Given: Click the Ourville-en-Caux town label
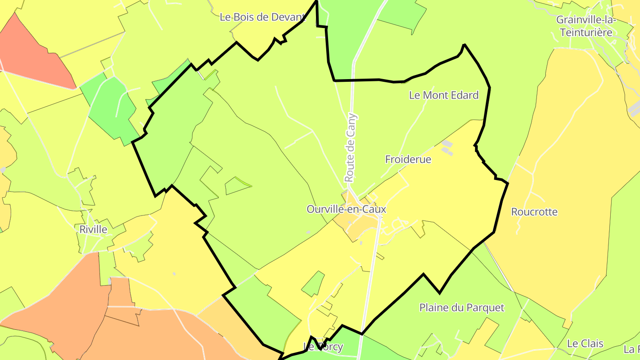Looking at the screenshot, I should pyautogui.click(x=346, y=209).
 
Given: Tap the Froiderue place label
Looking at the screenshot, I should pyautogui.click(x=408, y=159).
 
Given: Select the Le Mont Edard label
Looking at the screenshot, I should pyautogui.click(x=444, y=95).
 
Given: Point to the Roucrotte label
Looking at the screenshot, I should pyautogui.click(x=534, y=212).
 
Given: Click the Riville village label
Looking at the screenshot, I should pyautogui.click(x=93, y=229).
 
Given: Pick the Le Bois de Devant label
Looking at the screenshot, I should pyautogui.click(x=262, y=17).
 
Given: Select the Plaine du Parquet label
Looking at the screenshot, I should pyautogui.click(x=462, y=308).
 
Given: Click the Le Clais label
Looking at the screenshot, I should pyautogui.click(x=585, y=344).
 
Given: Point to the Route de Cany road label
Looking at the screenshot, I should pyautogui.click(x=351, y=148).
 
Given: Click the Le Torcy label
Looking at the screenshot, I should pyautogui.click(x=323, y=347).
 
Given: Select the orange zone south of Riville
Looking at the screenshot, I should pyautogui.click(x=67, y=307).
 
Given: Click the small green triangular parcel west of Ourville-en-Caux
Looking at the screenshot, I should pyautogui.click(x=236, y=186).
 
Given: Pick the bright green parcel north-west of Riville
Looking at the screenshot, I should pyautogui.click(x=111, y=107).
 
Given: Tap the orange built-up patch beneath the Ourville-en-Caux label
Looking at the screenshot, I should pyautogui.click(x=351, y=227).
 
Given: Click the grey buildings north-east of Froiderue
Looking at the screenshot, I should pyautogui.click(x=447, y=148).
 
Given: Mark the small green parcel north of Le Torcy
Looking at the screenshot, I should pyautogui.click(x=314, y=284).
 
